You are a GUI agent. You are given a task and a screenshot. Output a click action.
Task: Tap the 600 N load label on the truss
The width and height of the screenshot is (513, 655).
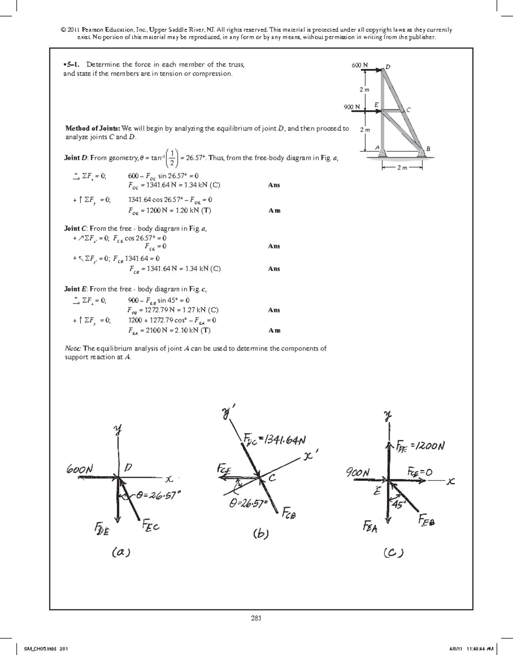tap(359, 65)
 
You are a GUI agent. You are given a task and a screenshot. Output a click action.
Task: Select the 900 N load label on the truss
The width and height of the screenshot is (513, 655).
tap(352, 107)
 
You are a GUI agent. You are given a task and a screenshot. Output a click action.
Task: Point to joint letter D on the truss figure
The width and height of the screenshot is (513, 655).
tap(388, 67)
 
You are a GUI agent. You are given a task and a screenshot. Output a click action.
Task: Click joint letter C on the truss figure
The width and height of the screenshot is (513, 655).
tap(409, 110)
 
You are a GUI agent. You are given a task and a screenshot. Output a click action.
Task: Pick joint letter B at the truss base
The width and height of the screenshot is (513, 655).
tap(428, 149)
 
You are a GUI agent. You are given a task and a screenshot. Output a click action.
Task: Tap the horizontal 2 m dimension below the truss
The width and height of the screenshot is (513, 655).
tap(402, 167)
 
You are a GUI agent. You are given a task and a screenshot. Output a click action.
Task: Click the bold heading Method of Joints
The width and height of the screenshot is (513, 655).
tap(92, 128)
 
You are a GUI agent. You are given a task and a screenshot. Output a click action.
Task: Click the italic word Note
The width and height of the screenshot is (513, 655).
tap(73, 348)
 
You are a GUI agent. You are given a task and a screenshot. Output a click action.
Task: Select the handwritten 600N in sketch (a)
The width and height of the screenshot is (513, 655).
tap(80, 468)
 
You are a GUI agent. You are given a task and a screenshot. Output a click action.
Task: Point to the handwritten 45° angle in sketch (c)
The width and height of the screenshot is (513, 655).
tap(398, 504)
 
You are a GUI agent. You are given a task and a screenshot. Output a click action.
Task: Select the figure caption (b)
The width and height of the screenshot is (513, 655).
tap(260, 534)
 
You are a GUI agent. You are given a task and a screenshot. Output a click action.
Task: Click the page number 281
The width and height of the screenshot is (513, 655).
tap(256, 618)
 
